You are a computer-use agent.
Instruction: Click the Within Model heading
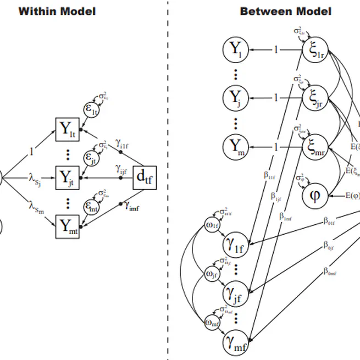[x=57, y=10]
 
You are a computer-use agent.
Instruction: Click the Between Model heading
[x=285, y=10]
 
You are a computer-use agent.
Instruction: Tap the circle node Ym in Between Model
[x=236, y=147]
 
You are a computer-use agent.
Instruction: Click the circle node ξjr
[x=315, y=99]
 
